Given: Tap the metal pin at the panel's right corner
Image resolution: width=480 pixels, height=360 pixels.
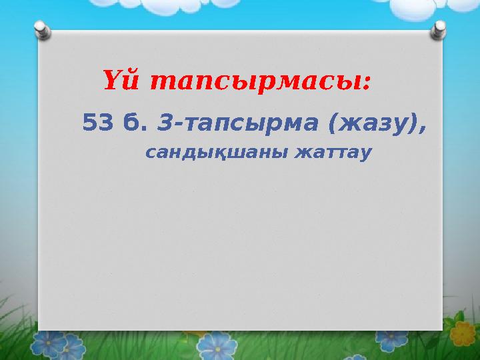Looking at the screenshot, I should click(x=440, y=30).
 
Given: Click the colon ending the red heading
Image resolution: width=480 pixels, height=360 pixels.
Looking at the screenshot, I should click(x=368, y=85).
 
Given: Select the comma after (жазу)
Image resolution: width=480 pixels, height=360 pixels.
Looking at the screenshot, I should click(x=423, y=129).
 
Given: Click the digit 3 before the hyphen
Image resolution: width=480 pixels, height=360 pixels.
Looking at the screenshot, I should click(x=167, y=123).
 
